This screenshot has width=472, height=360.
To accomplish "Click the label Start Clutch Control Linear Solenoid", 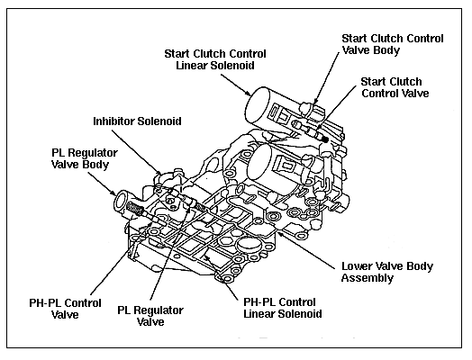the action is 215,59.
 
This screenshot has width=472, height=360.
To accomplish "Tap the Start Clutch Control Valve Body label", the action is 393,44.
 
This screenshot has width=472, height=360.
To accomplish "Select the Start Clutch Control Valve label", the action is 395,87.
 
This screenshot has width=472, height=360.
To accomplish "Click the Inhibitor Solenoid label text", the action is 137,121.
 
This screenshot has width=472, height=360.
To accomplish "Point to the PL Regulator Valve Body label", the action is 85,158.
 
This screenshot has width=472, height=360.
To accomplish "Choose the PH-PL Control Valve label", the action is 65,309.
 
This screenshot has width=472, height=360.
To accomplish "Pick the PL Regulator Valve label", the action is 150,316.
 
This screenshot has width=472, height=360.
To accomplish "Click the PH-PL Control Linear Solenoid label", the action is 282,308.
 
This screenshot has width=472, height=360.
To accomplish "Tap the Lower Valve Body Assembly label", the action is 387,272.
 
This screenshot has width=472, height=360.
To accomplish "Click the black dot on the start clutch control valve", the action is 325,139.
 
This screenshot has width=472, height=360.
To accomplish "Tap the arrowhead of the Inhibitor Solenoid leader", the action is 159,174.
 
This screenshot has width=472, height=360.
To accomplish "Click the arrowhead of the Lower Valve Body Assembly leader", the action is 279,233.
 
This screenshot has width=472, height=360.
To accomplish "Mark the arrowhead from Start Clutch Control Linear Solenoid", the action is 248,93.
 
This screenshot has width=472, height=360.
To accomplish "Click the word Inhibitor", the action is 114,121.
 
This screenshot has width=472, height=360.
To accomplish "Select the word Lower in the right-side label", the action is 355,266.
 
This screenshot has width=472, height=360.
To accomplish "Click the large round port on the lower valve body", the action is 249,245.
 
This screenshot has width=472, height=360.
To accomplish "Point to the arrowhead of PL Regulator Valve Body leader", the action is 113,193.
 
